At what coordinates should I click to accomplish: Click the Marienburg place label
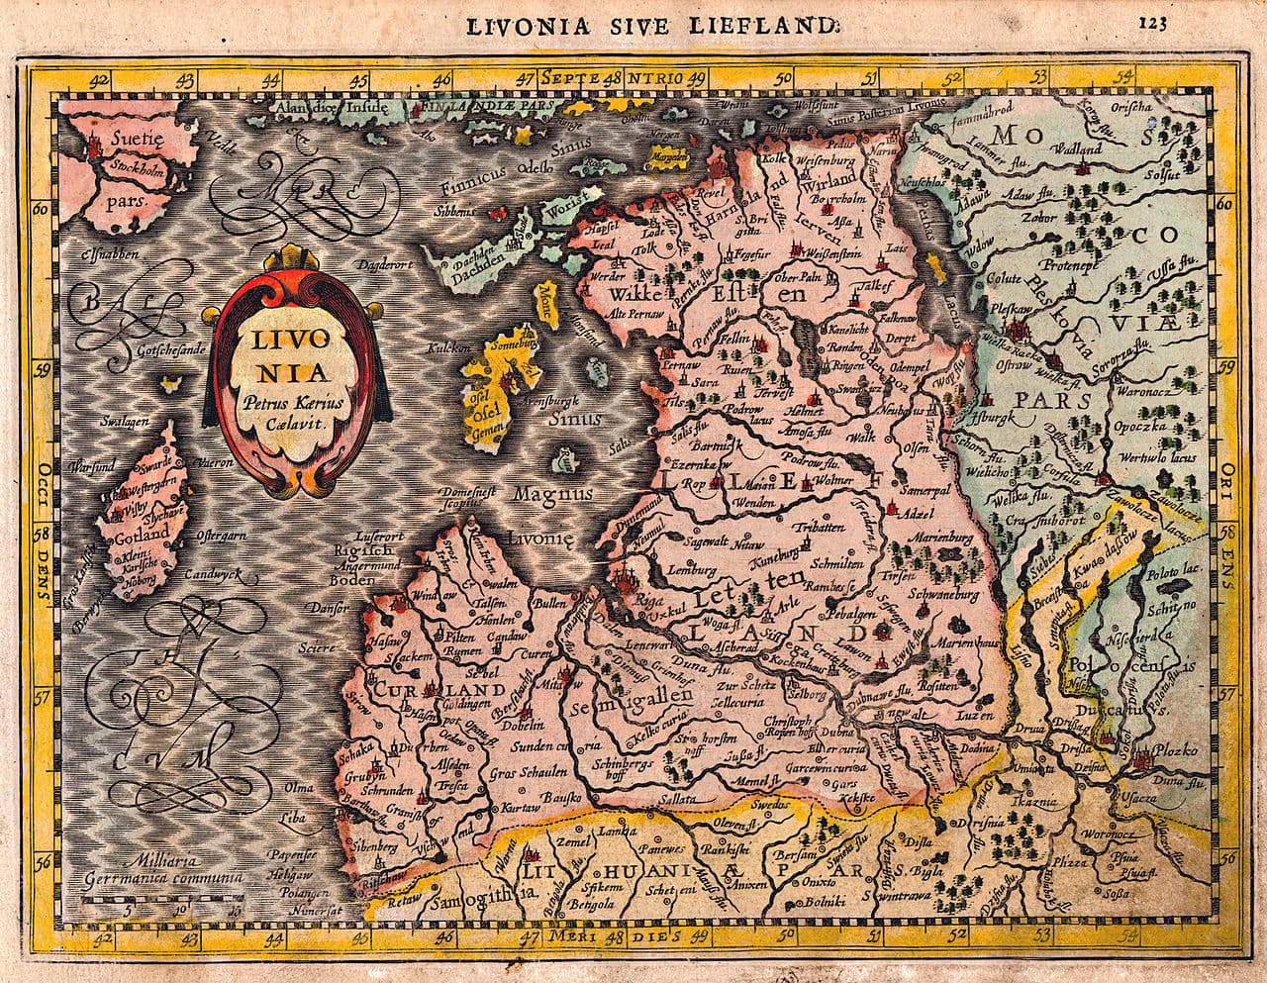930,539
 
